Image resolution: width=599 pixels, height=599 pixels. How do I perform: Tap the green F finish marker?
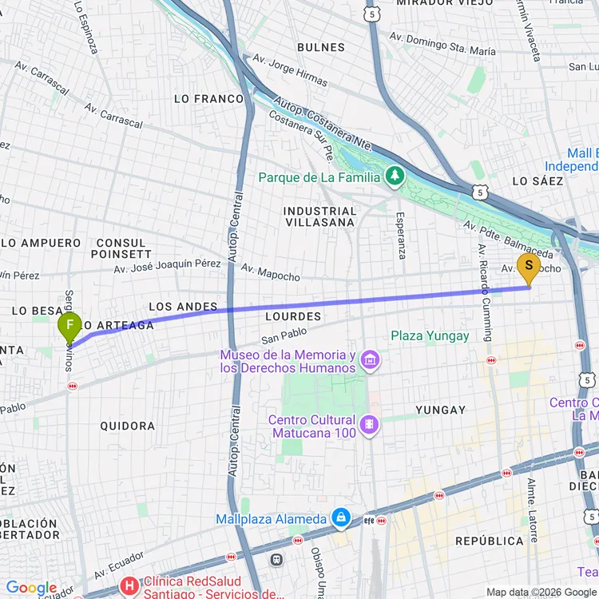pyautogui.click(x=70, y=326)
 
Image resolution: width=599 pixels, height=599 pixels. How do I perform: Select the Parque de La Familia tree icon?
pyautogui.click(x=395, y=174)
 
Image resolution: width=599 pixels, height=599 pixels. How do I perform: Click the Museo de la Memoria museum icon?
pyautogui.click(x=369, y=361)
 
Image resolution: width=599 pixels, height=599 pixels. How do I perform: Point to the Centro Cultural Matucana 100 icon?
pyautogui.click(x=369, y=423)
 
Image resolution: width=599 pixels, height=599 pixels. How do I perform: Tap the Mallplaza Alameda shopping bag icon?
pyautogui.click(x=341, y=518)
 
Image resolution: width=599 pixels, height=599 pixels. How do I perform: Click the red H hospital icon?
pyautogui.click(x=128, y=586)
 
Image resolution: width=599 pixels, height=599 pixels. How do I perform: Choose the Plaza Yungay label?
pyautogui.click(x=430, y=336)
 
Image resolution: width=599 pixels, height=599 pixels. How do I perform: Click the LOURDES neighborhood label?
pyautogui.click(x=292, y=317)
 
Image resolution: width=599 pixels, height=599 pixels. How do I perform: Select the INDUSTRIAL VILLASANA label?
pyautogui.click(x=319, y=216)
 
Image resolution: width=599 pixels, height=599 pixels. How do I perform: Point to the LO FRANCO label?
pyautogui.click(x=209, y=99)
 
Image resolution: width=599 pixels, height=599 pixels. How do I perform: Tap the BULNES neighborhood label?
pyautogui.click(x=321, y=48)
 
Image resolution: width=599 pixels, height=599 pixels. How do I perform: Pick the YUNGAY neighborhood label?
pyautogui.click(x=440, y=411)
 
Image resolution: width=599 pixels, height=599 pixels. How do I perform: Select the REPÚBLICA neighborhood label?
pyautogui.click(x=490, y=541)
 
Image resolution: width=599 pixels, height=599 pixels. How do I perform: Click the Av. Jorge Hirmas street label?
pyautogui.click(x=290, y=70)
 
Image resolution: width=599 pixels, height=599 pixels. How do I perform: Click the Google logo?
pyautogui.click(x=31, y=589)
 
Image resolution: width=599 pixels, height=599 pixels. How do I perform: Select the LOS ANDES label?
pyautogui.click(x=183, y=307)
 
